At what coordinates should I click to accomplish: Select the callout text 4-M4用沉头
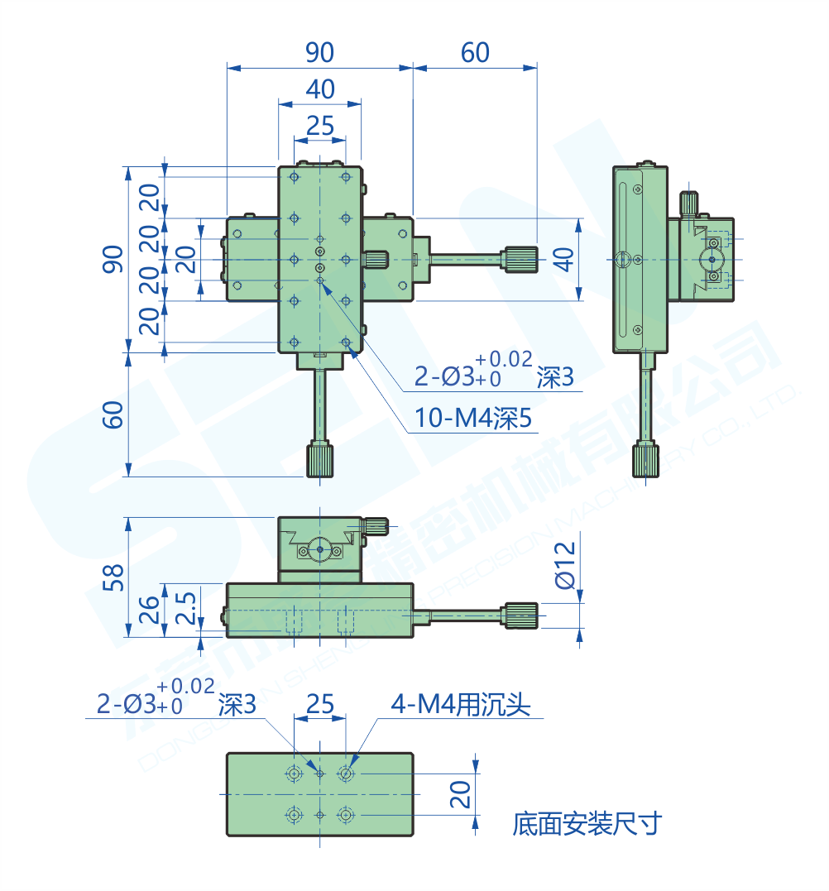click(461, 705)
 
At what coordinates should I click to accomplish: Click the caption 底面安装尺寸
click(587, 823)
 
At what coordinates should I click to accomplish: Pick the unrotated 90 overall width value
click(319, 53)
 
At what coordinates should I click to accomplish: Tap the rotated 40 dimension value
click(563, 259)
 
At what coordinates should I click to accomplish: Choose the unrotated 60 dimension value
click(475, 53)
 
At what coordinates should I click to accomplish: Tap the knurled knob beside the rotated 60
click(320, 460)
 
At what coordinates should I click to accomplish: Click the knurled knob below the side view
click(646, 460)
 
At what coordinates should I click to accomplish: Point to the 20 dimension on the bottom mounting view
click(462, 794)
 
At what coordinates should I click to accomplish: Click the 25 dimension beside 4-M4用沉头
click(319, 705)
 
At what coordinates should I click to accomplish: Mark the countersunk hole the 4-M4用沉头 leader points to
click(346, 774)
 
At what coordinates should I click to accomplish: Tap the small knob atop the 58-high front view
click(376, 525)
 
